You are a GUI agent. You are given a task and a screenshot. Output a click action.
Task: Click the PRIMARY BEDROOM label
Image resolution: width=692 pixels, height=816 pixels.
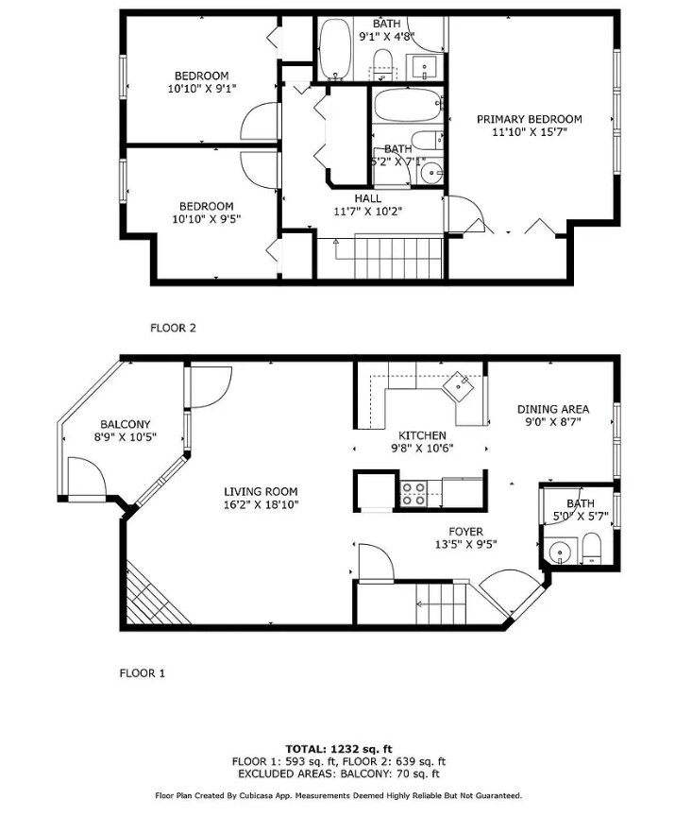pyautogui.click(x=529, y=119)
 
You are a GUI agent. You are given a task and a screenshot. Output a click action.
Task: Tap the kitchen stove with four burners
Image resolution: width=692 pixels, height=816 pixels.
pyautogui.click(x=413, y=491)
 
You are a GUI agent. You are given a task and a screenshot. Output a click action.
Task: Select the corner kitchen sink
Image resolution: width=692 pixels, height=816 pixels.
pyautogui.click(x=462, y=384)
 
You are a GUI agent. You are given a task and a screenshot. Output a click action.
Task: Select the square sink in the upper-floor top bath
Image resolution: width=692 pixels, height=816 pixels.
pyautogui.click(x=424, y=66)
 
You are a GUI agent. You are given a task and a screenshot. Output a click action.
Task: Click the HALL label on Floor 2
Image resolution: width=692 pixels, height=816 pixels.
pyautogui.click(x=367, y=198)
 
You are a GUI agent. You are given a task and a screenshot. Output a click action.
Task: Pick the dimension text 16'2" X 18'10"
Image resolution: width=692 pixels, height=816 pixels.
pyautogui.click(x=261, y=505)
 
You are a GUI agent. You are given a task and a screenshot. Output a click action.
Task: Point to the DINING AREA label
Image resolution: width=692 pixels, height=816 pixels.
pyautogui.click(x=552, y=409)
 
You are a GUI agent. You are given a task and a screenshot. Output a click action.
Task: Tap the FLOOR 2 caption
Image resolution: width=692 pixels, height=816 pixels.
pyautogui.click(x=173, y=329)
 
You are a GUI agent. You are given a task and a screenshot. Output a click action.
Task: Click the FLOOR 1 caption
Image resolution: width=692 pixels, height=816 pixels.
pyautogui.click(x=142, y=673)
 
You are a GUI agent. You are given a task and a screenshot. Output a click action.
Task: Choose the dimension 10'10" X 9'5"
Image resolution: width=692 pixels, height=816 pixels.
pyautogui.click(x=206, y=219)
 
